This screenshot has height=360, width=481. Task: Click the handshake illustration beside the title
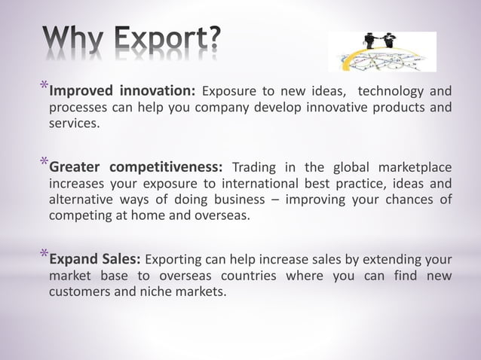tap(382, 51)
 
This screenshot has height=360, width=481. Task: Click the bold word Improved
tap(81, 92)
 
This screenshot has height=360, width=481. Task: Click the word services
tap(73, 124)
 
